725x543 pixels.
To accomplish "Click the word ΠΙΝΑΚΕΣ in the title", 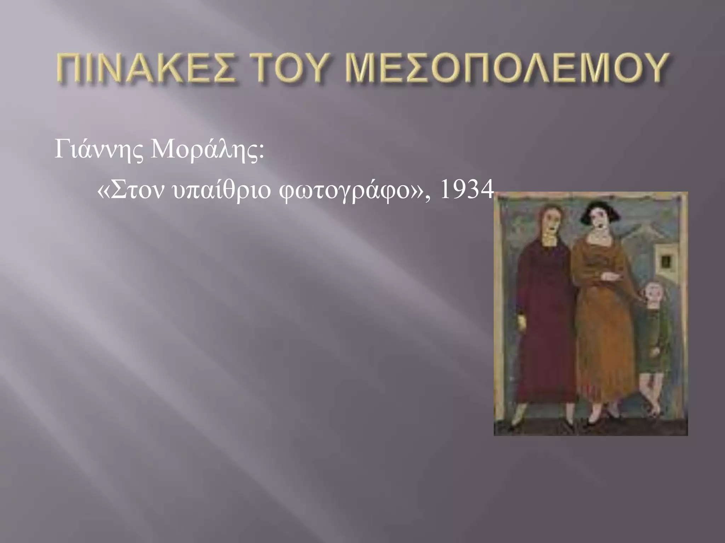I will point(145,68).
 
